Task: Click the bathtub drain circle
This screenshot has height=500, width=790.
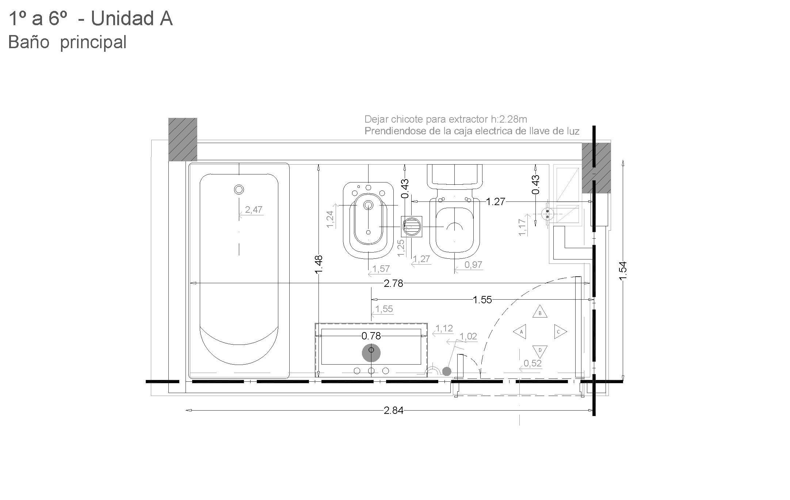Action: coord(239,189)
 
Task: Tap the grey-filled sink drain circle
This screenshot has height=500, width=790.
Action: coord(371,353)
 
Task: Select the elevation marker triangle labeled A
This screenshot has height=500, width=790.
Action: coord(520,332)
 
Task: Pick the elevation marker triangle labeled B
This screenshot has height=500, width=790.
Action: coord(540,312)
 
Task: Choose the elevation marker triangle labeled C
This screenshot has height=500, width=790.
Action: coord(560,332)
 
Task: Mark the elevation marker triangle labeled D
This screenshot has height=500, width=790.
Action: coord(540,351)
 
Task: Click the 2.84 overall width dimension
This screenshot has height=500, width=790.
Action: coord(393,411)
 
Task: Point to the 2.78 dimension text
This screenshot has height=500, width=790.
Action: coord(393,284)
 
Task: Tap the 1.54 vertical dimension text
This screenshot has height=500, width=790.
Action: coord(623,271)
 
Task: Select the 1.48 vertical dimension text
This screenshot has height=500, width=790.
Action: coord(318,264)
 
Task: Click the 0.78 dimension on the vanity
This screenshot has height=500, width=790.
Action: coord(371,335)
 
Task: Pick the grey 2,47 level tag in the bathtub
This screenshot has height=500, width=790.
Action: coord(253,209)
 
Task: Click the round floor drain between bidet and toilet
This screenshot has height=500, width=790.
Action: coord(412,227)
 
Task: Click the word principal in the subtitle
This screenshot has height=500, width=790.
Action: coord(93,42)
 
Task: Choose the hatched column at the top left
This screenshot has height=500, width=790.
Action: coord(183,139)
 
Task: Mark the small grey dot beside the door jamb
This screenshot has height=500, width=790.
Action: coord(446,371)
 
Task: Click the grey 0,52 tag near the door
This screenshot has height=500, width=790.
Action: coord(532,363)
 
